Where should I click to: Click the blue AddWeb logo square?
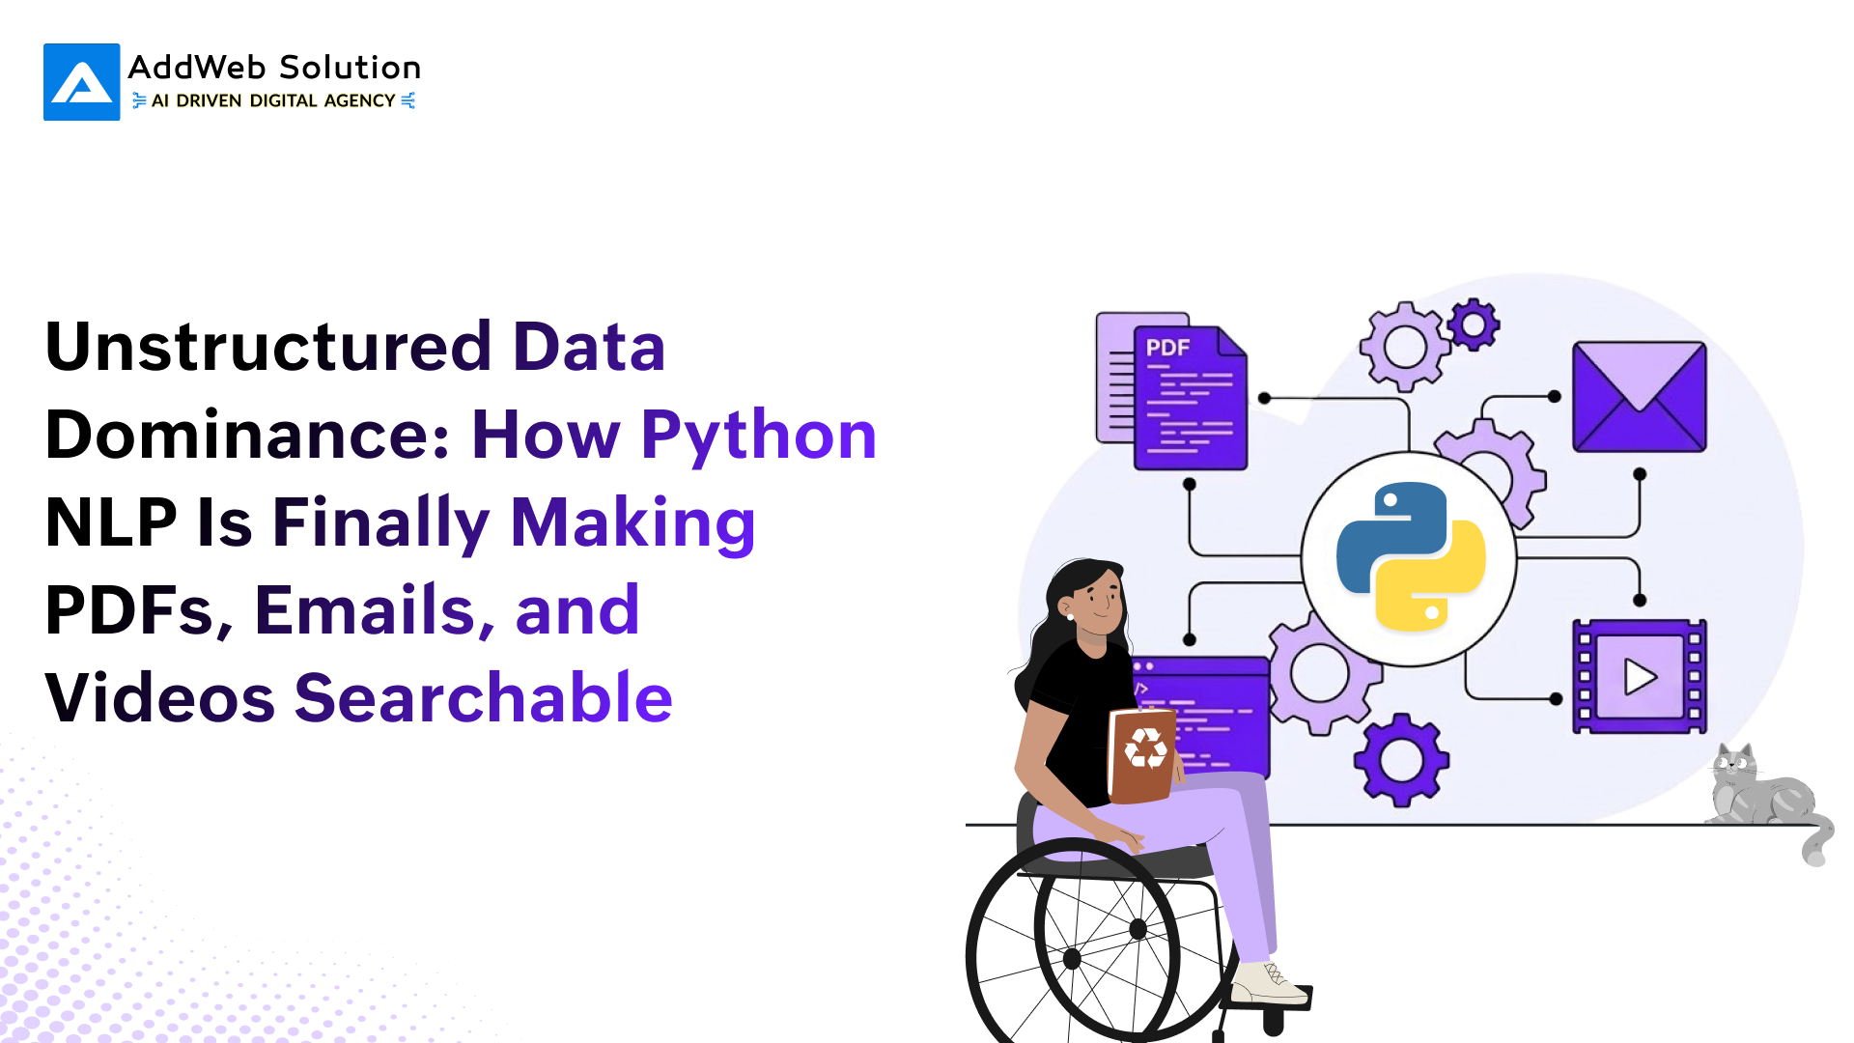click(x=82, y=82)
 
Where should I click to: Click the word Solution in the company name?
click(x=350, y=68)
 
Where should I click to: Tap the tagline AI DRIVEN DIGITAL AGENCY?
click(x=273, y=100)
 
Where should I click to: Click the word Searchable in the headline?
click(x=484, y=697)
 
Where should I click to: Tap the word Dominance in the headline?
click(x=247, y=435)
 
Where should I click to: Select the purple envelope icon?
click(x=1640, y=397)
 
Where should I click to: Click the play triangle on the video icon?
click(x=1641, y=677)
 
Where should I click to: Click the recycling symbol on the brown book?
click(x=1146, y=748)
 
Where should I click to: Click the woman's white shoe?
click(x=1268, y=983)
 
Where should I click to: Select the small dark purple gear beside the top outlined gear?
click(x=1474, y=324)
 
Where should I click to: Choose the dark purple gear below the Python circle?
click(x=1401, y=760)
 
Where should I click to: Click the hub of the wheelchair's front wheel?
click(x=1072, y=959)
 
